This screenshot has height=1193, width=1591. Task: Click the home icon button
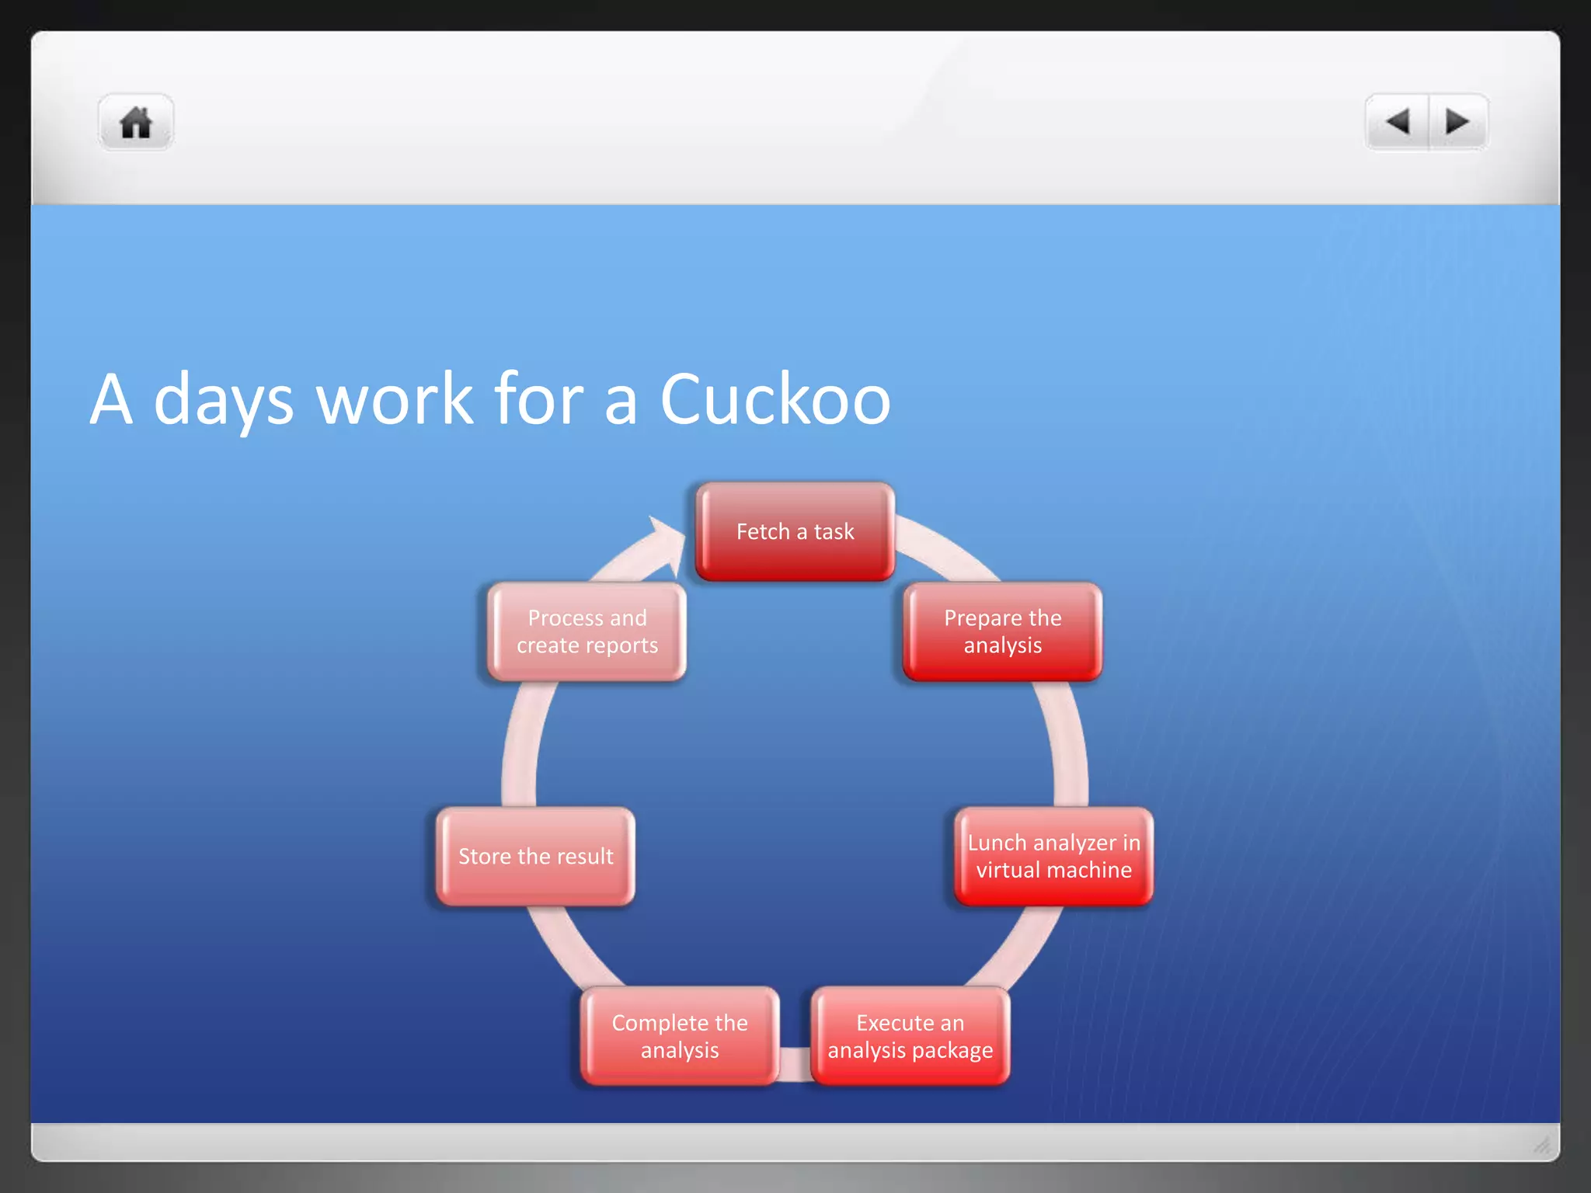[x=136, y=123]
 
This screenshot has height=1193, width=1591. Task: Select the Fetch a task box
[x=795, y=532]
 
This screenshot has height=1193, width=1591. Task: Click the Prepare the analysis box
[x=1002, y=631]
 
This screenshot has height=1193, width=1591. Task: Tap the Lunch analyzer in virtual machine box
[x=1053, y=856]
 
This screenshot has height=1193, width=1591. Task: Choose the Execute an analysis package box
[x=910, y=1036]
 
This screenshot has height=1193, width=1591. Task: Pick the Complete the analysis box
[x=680, y=1036]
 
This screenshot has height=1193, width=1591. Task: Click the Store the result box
[x=535, y=856]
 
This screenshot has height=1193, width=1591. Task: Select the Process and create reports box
[x=587, y=631]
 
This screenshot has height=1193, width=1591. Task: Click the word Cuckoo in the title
[x=775, y=399]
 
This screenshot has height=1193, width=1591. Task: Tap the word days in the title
[x=224, y=399]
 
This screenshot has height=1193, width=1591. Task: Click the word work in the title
[x=395, y=399]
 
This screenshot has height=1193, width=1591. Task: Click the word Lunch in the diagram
[x=997, y=843]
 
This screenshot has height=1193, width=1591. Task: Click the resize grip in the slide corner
[x=1541, y=1144]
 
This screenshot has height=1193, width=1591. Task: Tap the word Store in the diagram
[x=484, y=856]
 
